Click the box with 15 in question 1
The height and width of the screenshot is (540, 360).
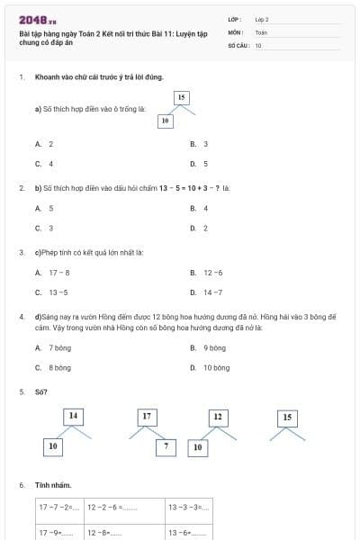(x=181, y=97)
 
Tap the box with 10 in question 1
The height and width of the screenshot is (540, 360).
(x=165, y=120)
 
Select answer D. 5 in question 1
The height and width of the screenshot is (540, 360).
(x=199, y=164)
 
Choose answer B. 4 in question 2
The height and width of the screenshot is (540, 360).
(x=199, y=208)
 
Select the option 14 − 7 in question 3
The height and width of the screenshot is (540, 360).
(x=208, y=292)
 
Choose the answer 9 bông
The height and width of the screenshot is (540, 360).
(x=209, y=347)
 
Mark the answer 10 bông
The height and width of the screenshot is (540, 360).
(x=211, y=367)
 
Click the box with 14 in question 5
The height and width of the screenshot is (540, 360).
(x=74, y=416)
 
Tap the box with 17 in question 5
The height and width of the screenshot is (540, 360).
(x=147, y=417)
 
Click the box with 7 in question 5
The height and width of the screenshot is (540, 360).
(x=166, y=445)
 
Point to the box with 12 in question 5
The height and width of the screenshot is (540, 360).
(x=217, y=417)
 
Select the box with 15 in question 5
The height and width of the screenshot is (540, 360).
(x=287, y=418)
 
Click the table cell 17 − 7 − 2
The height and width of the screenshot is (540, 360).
(x=59, y=507)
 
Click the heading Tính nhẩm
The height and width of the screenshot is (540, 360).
(x=53, y=486)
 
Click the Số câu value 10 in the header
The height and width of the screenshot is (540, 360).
(x=258, y=45)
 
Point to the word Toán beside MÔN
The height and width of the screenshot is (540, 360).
(x=261, y=31)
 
